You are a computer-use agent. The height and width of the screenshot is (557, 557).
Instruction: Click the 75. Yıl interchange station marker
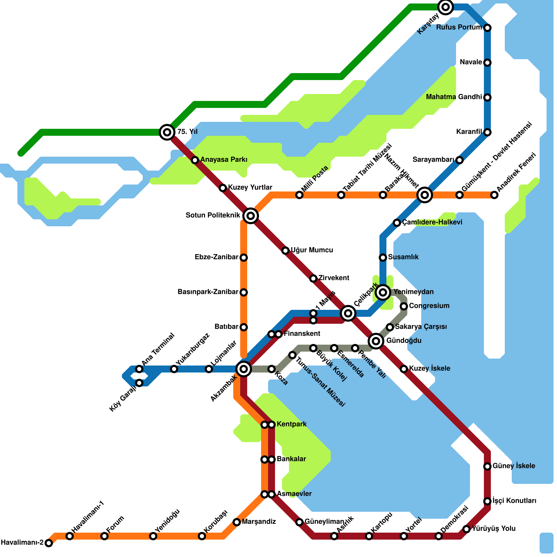(x=167, y=132)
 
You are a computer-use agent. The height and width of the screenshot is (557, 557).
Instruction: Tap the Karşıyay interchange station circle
(x=446, y=7)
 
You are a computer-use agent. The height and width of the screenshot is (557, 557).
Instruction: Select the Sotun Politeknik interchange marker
(x=251, y=216)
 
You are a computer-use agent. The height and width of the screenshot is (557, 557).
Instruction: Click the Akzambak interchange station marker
(x=244, y=369)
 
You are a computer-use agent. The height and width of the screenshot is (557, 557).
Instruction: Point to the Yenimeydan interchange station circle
(x=383, y=292)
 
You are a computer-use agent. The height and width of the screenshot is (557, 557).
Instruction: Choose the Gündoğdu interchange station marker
(x=376, y=341)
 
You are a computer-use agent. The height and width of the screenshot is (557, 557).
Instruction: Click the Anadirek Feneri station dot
(x=494, y=195)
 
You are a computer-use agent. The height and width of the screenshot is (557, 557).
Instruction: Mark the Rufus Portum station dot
(x=487, y=28)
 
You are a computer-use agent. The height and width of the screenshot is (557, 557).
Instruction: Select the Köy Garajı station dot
(x=139, y=383)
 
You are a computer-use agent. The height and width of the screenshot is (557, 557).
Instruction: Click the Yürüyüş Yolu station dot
(x=466, y=529)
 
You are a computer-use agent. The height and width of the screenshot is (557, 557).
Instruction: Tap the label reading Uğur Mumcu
(x=312, y=250)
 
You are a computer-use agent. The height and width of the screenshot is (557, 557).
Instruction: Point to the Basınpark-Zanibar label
(x=208, y=292)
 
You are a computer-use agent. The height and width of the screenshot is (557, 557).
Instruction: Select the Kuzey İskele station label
(x=430, y=369)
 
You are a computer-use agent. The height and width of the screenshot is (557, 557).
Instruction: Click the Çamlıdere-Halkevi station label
(x=432, y=222)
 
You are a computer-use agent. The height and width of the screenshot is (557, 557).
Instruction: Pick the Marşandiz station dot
(x=237, y=522)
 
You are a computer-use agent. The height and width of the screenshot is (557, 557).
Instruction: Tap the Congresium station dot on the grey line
(x=404, y=306)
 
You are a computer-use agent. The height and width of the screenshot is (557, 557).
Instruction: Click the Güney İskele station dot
(x=487, y=466)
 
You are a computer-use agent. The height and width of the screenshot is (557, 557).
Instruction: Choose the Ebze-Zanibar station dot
(x=244, y=258)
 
